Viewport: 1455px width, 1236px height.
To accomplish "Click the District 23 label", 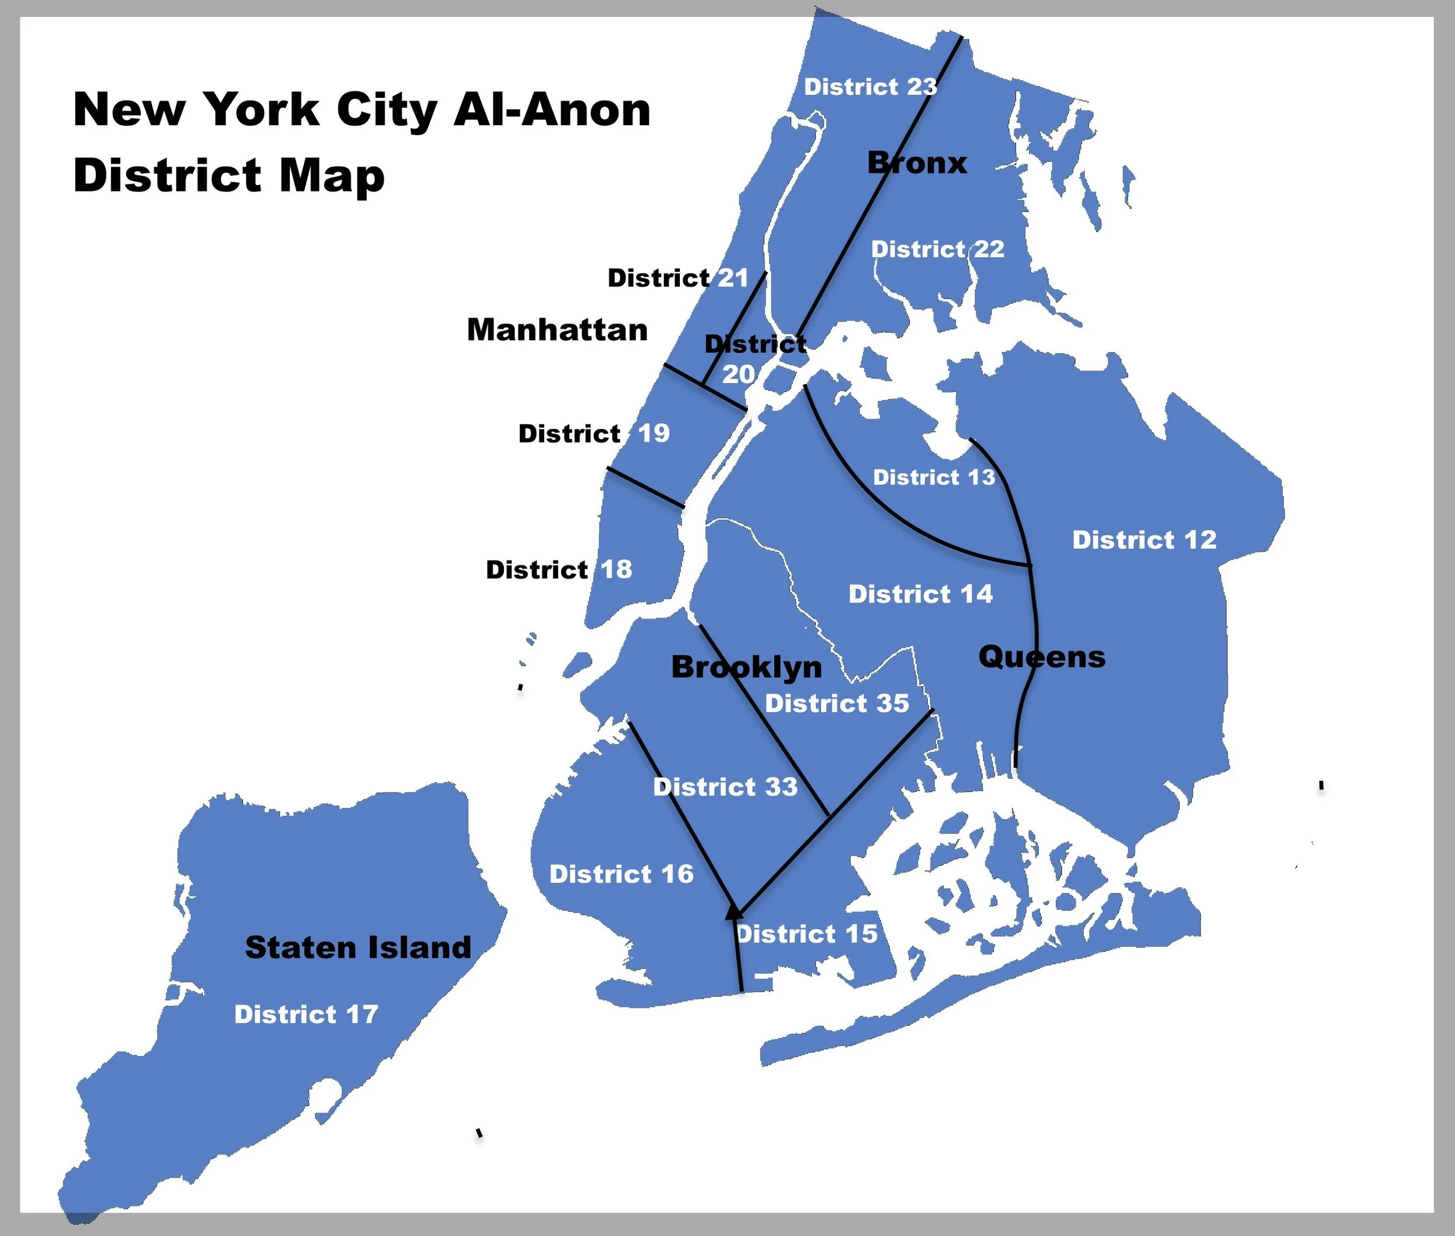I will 870,87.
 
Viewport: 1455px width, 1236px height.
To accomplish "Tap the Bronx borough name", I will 917,164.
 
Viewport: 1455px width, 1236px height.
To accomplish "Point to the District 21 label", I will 677,278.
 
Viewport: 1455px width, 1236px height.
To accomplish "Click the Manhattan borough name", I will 557,329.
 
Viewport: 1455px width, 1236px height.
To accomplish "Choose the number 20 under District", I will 739,374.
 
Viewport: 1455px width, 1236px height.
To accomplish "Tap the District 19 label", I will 594,434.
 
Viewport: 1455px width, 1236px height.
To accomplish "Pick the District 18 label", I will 559,570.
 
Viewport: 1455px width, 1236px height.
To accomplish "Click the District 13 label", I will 934,477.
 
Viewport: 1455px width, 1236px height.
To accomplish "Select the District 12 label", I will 1144,539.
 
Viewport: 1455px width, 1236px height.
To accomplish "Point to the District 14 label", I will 920,594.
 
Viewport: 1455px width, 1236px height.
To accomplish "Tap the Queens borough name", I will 1041,657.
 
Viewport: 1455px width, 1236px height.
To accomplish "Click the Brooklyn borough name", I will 747,667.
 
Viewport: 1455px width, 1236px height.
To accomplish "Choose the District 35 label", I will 837,703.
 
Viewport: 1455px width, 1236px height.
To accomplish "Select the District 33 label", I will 725,787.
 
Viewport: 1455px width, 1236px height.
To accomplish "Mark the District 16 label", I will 621,873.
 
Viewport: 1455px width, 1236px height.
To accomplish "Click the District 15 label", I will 807,934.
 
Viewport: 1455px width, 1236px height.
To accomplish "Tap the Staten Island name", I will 357,947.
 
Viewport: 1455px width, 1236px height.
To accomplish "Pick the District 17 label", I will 306,1014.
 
